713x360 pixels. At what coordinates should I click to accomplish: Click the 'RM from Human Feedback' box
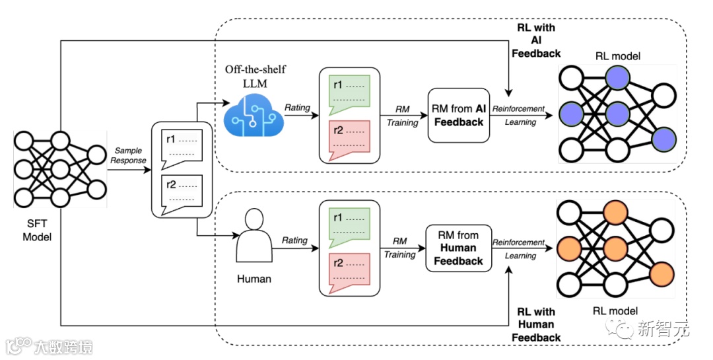pos(458,248)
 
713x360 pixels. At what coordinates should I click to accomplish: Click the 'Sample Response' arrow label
pos(129,155)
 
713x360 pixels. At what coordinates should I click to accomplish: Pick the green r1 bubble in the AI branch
pos(349,92)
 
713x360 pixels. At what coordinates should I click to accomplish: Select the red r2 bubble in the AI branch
pos(349,137)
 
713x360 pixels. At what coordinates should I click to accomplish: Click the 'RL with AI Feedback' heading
pos(536,40)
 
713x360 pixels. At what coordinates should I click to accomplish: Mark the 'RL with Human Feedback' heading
pos(536,324)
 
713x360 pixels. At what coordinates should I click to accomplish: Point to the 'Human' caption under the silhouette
pos(254,279)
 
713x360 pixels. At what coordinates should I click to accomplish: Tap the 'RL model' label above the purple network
pos(617,56)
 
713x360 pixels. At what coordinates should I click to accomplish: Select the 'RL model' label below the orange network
pos(615,310)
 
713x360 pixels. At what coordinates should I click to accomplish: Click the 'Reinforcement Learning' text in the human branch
pos(519,248)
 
